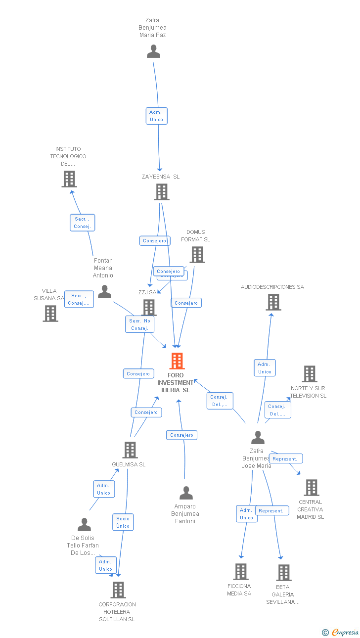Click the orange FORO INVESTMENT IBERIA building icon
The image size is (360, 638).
(177, 361)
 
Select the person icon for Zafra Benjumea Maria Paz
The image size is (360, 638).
(154, 51)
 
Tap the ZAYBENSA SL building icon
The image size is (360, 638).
(162, 192)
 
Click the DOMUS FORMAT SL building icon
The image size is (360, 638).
(197, 255)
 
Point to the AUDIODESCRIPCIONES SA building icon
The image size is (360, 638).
(273, 302)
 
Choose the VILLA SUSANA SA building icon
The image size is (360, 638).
(50, 314)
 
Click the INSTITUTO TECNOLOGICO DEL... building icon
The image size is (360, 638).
(69, 179)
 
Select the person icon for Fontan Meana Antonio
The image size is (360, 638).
(104, 292)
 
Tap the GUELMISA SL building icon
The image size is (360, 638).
(130, 450)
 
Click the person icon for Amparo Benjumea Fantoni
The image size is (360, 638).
(186, 493)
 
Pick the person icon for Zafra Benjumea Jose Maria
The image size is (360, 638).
(258, 438)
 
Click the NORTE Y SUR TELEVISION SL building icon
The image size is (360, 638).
(310, 374)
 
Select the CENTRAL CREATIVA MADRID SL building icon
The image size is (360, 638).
(311, 488)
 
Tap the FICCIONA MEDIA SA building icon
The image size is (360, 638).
(241, 572)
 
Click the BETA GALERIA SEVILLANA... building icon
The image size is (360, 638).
(284, 573)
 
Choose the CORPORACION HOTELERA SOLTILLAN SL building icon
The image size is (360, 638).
(118, 590)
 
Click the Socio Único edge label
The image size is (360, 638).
(123, 522)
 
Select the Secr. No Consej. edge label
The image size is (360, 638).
(139, 324)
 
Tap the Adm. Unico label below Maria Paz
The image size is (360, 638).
(157, 116)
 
